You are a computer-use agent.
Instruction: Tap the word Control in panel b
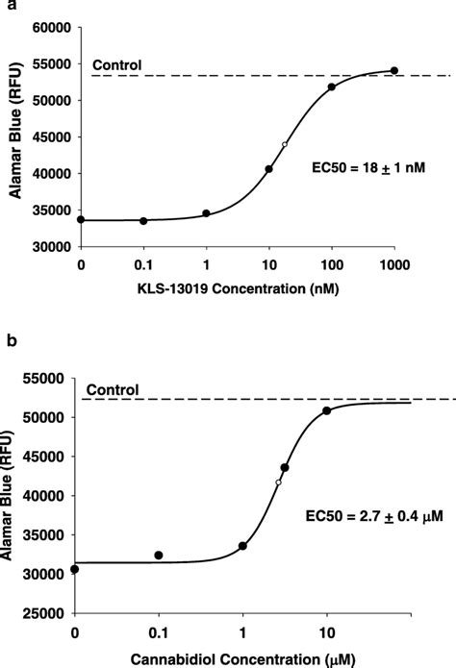click(113, 389)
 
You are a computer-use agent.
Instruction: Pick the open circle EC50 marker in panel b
click(278, 482)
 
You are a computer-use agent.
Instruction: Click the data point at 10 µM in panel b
click(326, 411)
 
